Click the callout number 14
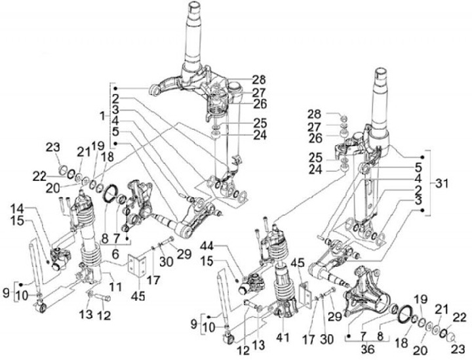pyautogui.click(x=19, y=209)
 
